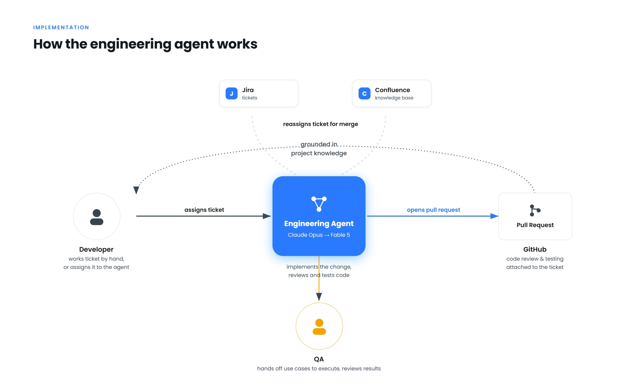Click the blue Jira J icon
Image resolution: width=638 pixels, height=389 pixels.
tap(231, 94)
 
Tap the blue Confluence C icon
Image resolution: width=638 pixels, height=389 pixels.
tap(364, 94)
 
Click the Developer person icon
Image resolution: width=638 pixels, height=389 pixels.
tap(97, 217)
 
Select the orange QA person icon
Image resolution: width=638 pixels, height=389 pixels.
tap(319, 327)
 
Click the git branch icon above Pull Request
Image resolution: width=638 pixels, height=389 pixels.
tap(535, 210)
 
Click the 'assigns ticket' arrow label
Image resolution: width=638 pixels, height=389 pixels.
tap(204, 210)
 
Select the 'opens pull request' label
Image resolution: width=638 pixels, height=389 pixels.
tap(433, 210)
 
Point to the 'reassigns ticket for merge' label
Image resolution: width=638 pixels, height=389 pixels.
tap(321, 124)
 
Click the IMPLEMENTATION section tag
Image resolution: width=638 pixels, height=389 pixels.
tap(61, 27)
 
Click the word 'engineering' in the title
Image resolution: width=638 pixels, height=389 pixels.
tap(131, 44)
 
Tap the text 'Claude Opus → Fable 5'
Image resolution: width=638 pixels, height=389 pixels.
tap(319, 235)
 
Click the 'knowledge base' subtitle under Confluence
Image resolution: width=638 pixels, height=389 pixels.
tap(394, 98)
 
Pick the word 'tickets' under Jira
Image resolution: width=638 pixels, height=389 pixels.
tap(250, 98)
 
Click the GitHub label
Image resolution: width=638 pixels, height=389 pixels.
tap(535, 249)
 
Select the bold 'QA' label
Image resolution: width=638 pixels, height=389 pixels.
tap(319, 359)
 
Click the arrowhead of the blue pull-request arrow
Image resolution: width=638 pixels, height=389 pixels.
tap(494, 216)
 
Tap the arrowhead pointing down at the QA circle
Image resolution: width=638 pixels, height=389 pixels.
tap(319, 297)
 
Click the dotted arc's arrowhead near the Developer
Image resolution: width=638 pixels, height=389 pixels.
tap(136, 190)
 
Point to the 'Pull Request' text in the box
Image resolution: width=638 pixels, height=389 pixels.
tap(535, 225)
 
